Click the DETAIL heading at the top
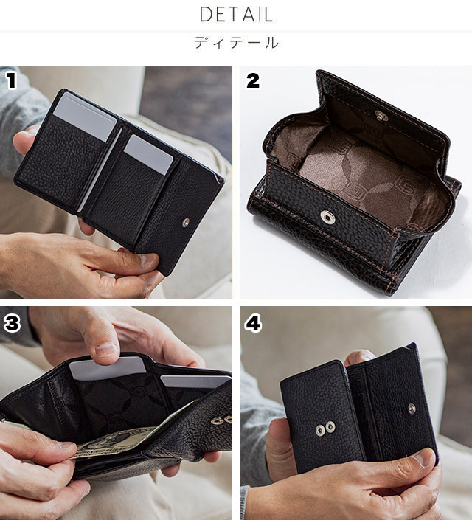[236, 14]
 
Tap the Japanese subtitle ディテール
[236, 43]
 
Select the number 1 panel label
[12, 81]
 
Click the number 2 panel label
[253, 81]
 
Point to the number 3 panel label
[12, 323]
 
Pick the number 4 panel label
[253, 323]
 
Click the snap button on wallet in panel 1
[186, 223]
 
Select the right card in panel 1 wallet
[148, 154]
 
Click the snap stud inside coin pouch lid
[381, 115]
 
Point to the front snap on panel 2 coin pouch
[327, 217]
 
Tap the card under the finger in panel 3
[108, 368]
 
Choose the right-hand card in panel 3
[195, 381]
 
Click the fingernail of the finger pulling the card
[107, 349]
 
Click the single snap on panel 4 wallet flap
[412, 409]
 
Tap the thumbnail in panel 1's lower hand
[148, 260]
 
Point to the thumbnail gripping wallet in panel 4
[423, 459]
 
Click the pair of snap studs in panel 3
[222, 420]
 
